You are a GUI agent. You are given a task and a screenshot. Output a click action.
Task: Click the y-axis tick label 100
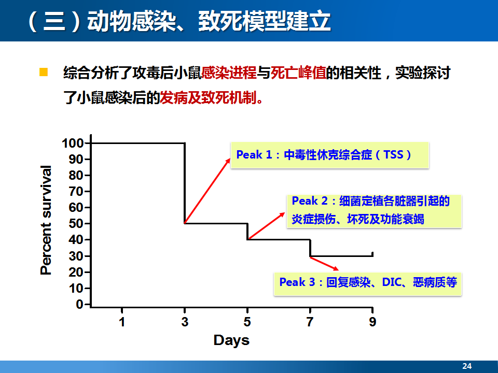73,143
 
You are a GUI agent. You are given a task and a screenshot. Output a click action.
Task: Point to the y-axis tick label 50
76,224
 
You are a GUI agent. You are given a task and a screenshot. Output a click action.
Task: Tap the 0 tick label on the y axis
80,304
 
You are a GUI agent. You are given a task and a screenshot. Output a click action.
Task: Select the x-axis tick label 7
310,322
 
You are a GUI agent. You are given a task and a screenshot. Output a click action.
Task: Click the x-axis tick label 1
122,322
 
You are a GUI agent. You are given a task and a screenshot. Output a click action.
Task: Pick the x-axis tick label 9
372,322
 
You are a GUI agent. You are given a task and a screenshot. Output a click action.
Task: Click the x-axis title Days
231,340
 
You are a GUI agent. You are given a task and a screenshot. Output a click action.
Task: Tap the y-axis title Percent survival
46,220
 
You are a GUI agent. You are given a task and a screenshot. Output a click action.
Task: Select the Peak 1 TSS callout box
330,155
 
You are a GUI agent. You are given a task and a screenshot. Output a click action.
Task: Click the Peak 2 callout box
374,211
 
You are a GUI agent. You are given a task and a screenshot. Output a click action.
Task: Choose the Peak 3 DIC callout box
367,284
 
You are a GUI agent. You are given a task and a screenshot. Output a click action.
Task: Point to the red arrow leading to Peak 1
208,191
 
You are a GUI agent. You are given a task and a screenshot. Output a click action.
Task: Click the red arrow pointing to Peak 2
266,226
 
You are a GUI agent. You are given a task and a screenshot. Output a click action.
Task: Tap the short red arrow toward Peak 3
324,264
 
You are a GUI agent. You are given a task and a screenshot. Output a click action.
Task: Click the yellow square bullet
44,73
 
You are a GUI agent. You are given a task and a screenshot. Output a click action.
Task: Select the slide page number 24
467,366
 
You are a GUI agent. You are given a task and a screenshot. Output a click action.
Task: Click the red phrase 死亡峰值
298,73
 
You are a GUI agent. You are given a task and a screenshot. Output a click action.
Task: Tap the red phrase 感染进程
229,73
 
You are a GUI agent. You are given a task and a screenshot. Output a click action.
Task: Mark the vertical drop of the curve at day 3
185,183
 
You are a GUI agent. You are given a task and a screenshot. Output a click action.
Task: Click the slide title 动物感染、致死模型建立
209,21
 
